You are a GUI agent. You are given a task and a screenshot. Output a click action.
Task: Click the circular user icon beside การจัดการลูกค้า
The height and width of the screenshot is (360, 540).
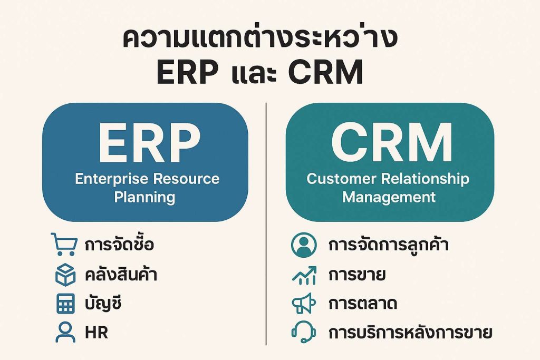(x=304, y=245)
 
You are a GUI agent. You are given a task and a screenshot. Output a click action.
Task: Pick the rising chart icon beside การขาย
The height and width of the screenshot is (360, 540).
(x=304, y=275)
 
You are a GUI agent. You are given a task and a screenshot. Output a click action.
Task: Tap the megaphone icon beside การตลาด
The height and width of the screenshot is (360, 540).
(x=304, y=304)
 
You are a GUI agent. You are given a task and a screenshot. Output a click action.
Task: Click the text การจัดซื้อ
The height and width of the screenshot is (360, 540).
(x=119, y=245)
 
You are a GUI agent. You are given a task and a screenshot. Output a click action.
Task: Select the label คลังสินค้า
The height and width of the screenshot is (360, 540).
(x=121, y=274)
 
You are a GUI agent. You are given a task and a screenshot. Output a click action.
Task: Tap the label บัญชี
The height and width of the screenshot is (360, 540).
(x=106, y=304)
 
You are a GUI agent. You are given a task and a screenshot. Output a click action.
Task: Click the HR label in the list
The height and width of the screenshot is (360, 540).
(x=96, y=333)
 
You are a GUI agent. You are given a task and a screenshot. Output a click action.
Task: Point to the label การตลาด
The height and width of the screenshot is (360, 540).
(x=362, y=304)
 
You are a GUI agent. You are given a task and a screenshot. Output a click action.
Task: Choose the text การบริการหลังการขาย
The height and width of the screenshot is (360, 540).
(x=410, y=333)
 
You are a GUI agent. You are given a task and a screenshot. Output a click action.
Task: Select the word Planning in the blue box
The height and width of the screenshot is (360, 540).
(x=145, y=197)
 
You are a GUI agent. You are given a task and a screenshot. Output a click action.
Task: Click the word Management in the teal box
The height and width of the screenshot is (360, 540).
(x=389, y=197)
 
